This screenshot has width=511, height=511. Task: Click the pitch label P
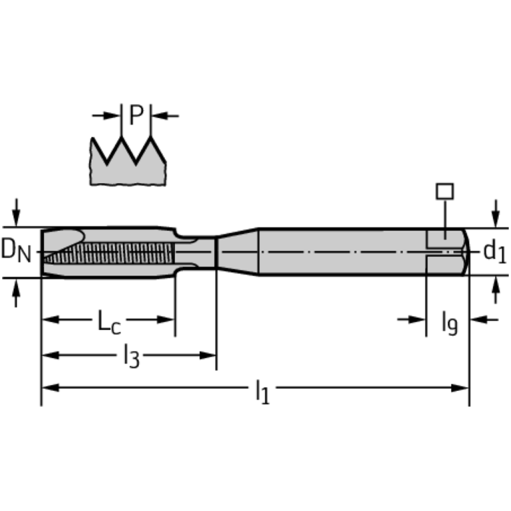[136, 115]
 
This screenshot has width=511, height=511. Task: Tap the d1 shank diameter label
[494, 251]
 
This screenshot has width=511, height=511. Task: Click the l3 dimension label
[131, 358]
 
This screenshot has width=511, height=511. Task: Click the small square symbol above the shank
[444, 191]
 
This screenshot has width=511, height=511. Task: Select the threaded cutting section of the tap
[110, 253]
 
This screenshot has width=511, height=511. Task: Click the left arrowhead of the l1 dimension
[49, 387]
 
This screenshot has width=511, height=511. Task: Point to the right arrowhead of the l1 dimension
[462, 387]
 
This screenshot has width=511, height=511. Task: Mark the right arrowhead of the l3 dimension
[210, 355]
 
